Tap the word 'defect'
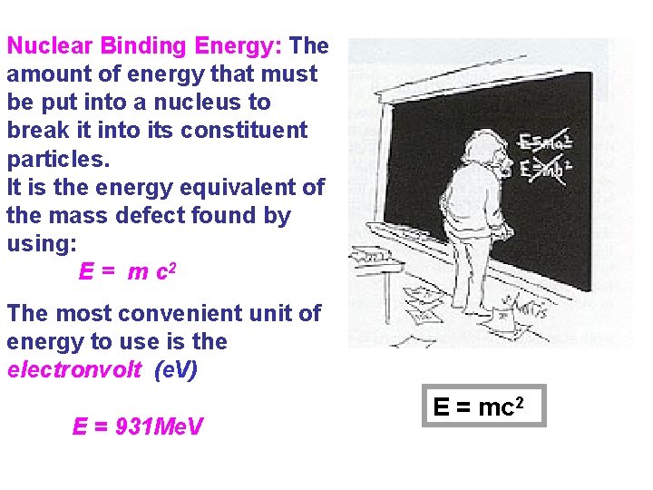point(147,216)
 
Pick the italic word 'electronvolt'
point(74,370)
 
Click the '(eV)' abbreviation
point(176,370)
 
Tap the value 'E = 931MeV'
point(138,426)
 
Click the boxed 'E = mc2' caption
point(484,407)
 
